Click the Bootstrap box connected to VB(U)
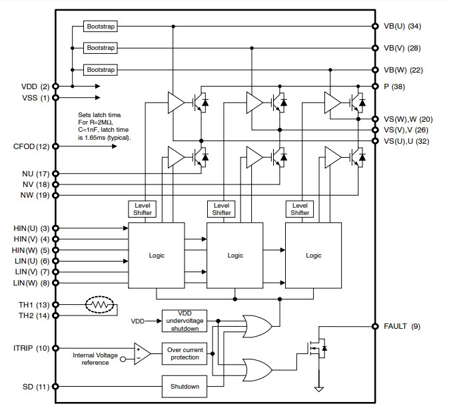click(101, 27)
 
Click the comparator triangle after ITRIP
click(142, 353)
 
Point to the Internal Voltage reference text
click(95, 359)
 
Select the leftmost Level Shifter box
click(143, 209)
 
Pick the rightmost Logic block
click(313, 256)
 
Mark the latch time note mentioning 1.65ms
click(104, 126)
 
